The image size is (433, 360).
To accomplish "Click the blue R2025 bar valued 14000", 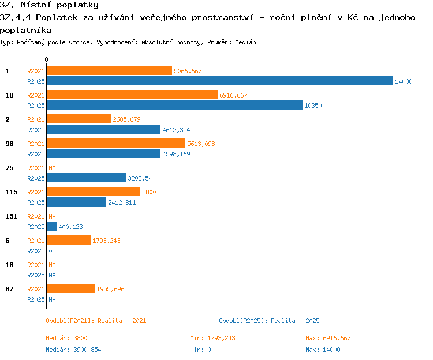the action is click(220, 81).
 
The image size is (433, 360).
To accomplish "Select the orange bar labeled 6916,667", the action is click(132, 95).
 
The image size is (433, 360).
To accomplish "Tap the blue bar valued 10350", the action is click(175, 105).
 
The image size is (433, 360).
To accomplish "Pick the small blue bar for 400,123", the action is click(52, 226).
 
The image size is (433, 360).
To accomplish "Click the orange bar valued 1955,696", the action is click(71, 288).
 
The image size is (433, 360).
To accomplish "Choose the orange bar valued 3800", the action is click(94, 192).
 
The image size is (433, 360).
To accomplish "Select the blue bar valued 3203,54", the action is click(87, 178).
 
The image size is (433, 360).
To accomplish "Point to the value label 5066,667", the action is click(188, 71).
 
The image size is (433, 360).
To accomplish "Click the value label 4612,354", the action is click(176, 130).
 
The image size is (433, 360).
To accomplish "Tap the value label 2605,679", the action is click(126, 119).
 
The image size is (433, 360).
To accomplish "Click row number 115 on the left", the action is click(12, 192).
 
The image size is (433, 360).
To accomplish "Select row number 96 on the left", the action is click(9, 144).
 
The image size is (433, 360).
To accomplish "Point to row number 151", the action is click(12, 216).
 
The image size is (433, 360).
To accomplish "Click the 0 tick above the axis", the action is click(46, 59).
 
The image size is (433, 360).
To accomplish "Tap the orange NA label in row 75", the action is click(52, 168).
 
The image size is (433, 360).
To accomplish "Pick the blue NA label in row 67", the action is click(52, 299).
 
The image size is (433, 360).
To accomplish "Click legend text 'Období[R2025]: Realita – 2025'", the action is click(269, 321).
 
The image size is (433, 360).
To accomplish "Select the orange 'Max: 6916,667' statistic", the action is click(328, 338).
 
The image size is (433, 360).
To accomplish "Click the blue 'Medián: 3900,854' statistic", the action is click(73, 350).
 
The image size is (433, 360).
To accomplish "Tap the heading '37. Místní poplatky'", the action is click(49, 5).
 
